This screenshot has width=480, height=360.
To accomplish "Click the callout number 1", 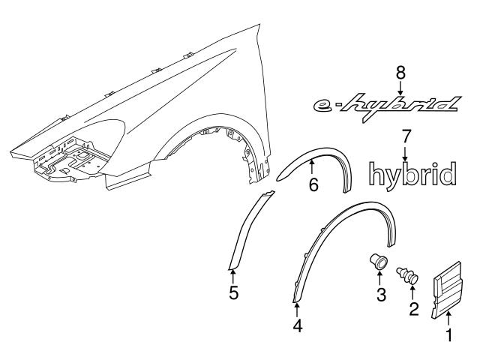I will click(x=449, y=336).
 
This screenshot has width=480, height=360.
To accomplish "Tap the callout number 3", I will click(x=381, y=295).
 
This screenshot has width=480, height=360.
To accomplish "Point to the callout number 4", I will click(x=298, y=326).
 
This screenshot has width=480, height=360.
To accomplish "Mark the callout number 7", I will click(x=406, y=136).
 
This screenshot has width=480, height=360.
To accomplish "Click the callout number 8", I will click(x=400, y=72).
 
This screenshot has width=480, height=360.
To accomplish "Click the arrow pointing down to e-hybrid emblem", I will click(x=400, y=87).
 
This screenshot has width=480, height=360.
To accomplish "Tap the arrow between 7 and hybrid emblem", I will click(x=406, y=153).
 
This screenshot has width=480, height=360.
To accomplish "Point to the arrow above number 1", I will click(x=448, y=318).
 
